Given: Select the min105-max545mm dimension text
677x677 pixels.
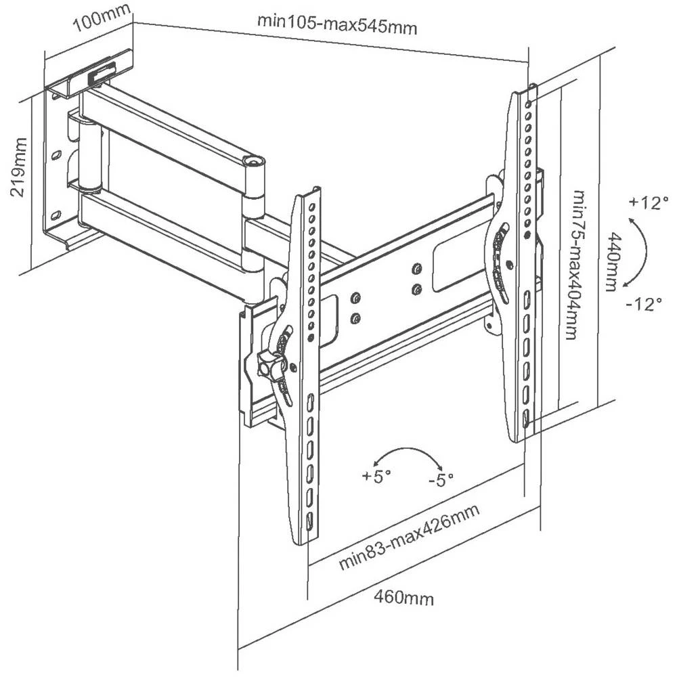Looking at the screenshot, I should click(x=336, y=24).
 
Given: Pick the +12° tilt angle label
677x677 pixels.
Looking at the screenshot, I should click(x=648, y=202).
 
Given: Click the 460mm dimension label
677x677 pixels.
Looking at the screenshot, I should click(x=404, y=597).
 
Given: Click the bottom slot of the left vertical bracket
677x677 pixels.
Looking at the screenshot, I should click(x=309, y=522).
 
